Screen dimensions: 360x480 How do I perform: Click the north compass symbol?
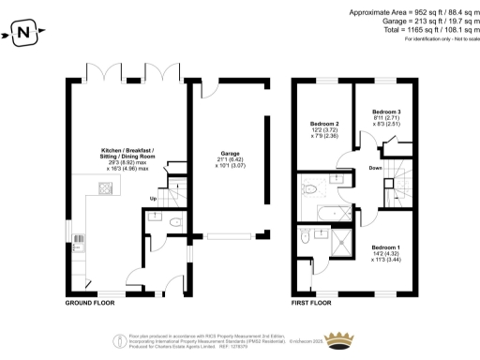click(x=23, y=36)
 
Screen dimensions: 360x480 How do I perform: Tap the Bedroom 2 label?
click(x=325, y=124)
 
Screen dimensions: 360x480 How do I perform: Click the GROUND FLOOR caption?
click(x=90, y=304)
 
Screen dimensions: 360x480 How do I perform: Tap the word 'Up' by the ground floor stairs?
click(x=153, y=198)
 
